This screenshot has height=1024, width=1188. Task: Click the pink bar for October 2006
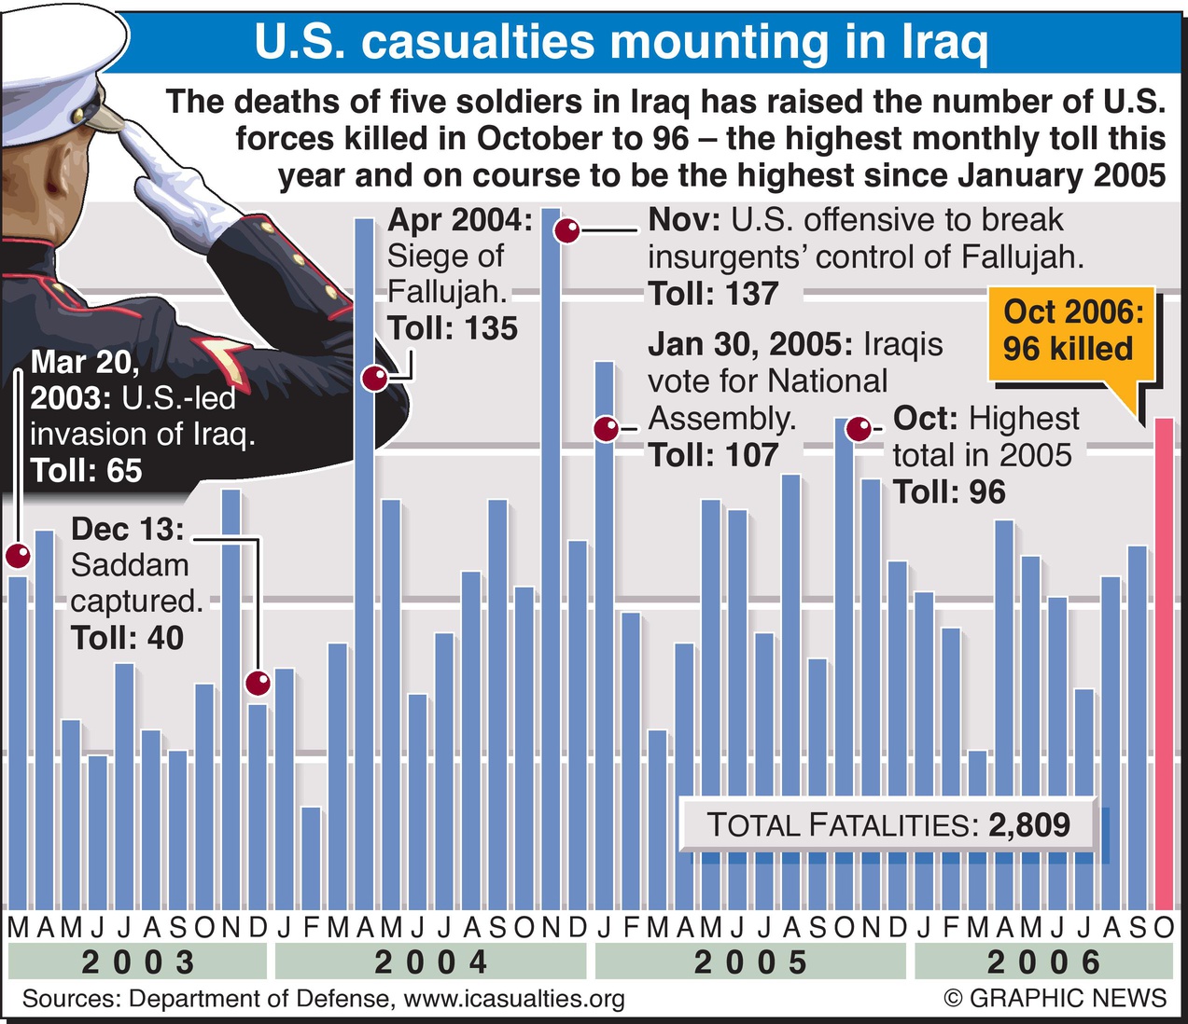(x=1164, y=662)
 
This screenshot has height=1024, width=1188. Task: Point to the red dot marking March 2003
(x=19, y=557)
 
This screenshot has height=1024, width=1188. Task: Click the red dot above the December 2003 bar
(x=258, y=684)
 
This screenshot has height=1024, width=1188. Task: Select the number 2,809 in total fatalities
(x=1029, y=824)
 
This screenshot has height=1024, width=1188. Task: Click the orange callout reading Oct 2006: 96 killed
(x=1071, y=331)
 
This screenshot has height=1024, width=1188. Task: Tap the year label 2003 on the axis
(x=138, y=962)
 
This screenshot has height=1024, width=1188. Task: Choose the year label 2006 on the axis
(x=1043, y=962)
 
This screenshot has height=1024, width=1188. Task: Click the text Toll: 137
(x=713, y=294)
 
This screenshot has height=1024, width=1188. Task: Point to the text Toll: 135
(x=453, y=328)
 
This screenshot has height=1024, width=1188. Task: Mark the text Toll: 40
(x=127, y=638)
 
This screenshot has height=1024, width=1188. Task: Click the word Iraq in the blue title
(x=943, y=42)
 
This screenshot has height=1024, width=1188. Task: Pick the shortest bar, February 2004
(x=311, y=858)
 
